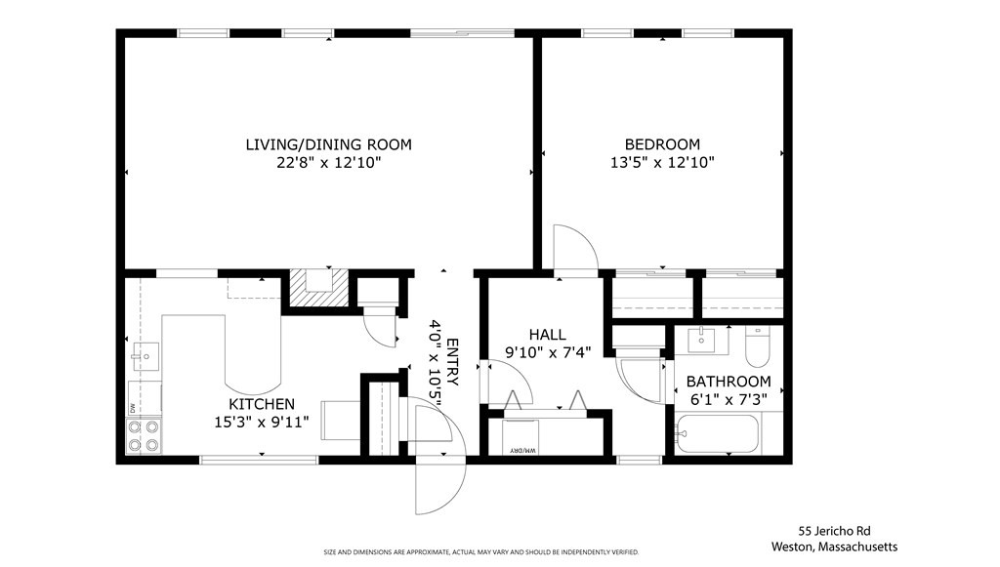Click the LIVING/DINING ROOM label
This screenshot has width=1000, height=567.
tap(328, 144)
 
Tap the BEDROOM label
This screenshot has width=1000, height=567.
tap(662, 144)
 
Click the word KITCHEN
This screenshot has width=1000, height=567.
tap(261, 404)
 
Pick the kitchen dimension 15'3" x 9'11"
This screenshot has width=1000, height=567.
tap(261, 422)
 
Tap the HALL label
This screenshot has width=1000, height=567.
tap(547, 335)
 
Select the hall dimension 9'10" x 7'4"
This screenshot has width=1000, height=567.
tap(547, 352)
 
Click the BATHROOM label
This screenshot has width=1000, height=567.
tap(728, 382)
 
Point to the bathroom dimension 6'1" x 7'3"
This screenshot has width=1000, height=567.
tap(728, 399)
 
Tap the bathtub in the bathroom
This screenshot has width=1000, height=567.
tap(718, 434)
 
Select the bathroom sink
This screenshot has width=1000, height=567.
tap(702, 341)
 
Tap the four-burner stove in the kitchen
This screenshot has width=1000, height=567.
tap(144, 436)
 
